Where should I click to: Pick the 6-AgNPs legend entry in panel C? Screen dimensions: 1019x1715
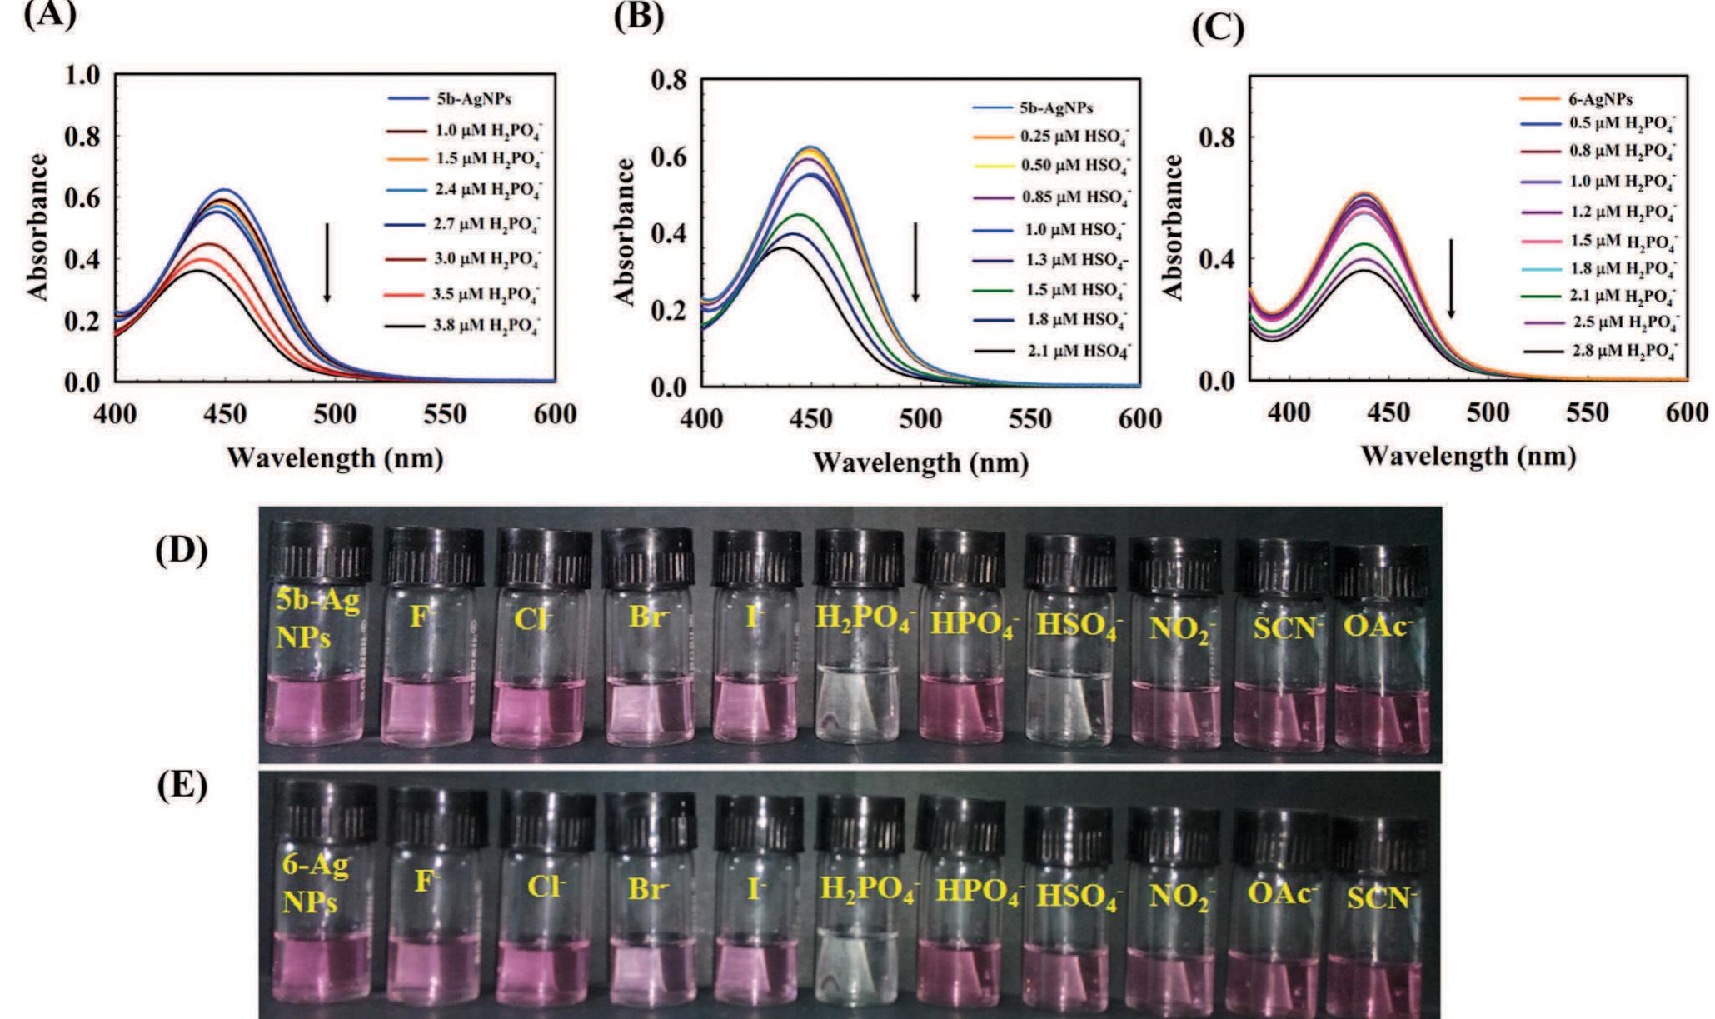(x=1600, y=99)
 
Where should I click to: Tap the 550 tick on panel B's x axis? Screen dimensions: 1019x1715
(x=1030, y=419)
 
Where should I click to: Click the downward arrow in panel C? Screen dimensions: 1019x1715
(x=1451, y=278)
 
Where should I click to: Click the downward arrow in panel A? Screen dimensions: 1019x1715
(x=327, y=262)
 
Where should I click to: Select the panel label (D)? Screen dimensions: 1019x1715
(x=182, y=552)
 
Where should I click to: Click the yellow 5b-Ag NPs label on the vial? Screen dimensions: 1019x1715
(x=317, y=619)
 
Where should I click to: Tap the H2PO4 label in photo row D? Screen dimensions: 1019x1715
(x=863, y=621)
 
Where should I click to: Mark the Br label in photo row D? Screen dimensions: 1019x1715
(x=646, y=620)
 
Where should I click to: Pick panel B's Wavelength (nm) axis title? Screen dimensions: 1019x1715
(x=920, y=462)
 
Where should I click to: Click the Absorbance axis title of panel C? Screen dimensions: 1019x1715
(x=1173, y=227)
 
